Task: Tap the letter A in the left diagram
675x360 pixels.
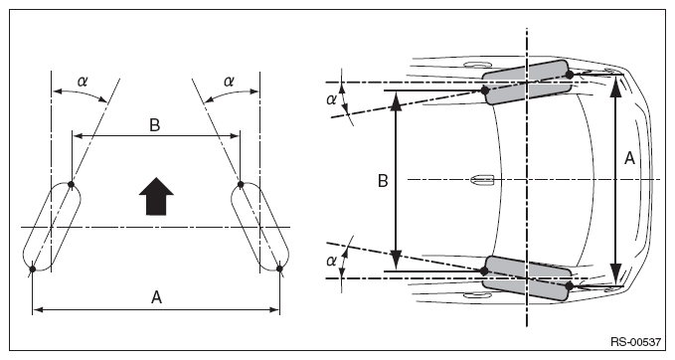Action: click(156, 297)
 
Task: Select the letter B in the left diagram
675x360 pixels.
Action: click(154, 125)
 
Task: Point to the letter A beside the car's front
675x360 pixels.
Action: click(629, 158)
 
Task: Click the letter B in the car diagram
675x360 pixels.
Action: click(383, 181)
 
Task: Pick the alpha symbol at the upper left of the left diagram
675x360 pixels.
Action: click(82, 81)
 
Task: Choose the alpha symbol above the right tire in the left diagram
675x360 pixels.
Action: click(229, 81)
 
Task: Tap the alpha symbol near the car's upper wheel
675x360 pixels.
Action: click(331, 99)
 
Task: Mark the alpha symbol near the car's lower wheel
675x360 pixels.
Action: click(331, 261)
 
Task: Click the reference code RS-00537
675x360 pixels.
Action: click(635, 342)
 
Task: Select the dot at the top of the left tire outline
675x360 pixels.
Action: click(72, 185)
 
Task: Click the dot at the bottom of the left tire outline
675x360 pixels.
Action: click(32, 270)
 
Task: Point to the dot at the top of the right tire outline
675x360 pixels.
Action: click(241, 185)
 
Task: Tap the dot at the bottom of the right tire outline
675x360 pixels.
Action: click(279, 269)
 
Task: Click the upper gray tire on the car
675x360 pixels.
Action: click(527, 83)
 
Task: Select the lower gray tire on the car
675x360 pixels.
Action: click(527, 277)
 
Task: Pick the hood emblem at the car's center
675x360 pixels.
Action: click(482, 180)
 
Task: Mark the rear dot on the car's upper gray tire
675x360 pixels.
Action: click(485, 90)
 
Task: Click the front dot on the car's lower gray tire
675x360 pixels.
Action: click(569, 285)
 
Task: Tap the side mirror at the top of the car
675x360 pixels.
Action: click(478, 65)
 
